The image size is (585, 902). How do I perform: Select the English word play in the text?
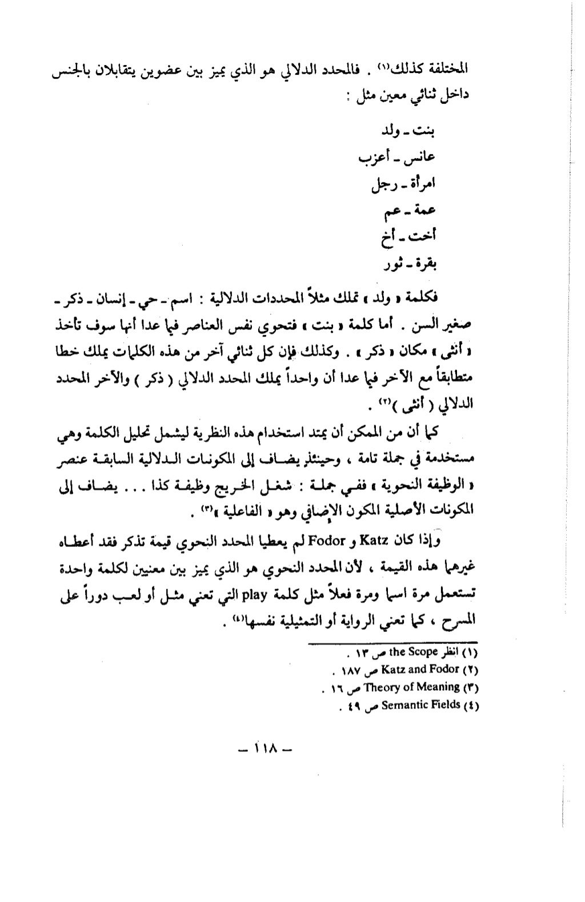253,598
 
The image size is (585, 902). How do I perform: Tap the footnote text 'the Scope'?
416,651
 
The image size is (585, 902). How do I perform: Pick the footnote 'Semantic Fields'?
421,705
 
